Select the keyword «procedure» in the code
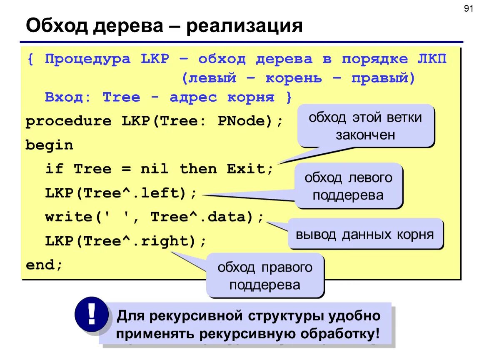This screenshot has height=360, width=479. pos(68,121)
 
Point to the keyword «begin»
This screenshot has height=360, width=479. pos(49,145)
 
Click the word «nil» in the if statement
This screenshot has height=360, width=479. pos(154,169)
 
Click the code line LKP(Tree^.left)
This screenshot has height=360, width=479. pos(121,193)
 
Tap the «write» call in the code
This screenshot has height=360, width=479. pos(68,217)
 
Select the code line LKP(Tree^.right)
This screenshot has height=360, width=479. pos(125,241)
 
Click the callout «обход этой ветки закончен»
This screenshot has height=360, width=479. pos(365,126)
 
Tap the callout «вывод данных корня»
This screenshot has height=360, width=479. pos(365,234)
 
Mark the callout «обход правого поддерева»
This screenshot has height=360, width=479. pos(264,275)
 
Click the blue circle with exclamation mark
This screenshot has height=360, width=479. pos(91,314)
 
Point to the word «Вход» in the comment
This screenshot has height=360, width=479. pos(68,97)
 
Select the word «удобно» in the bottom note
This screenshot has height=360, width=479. pos(354,315)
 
